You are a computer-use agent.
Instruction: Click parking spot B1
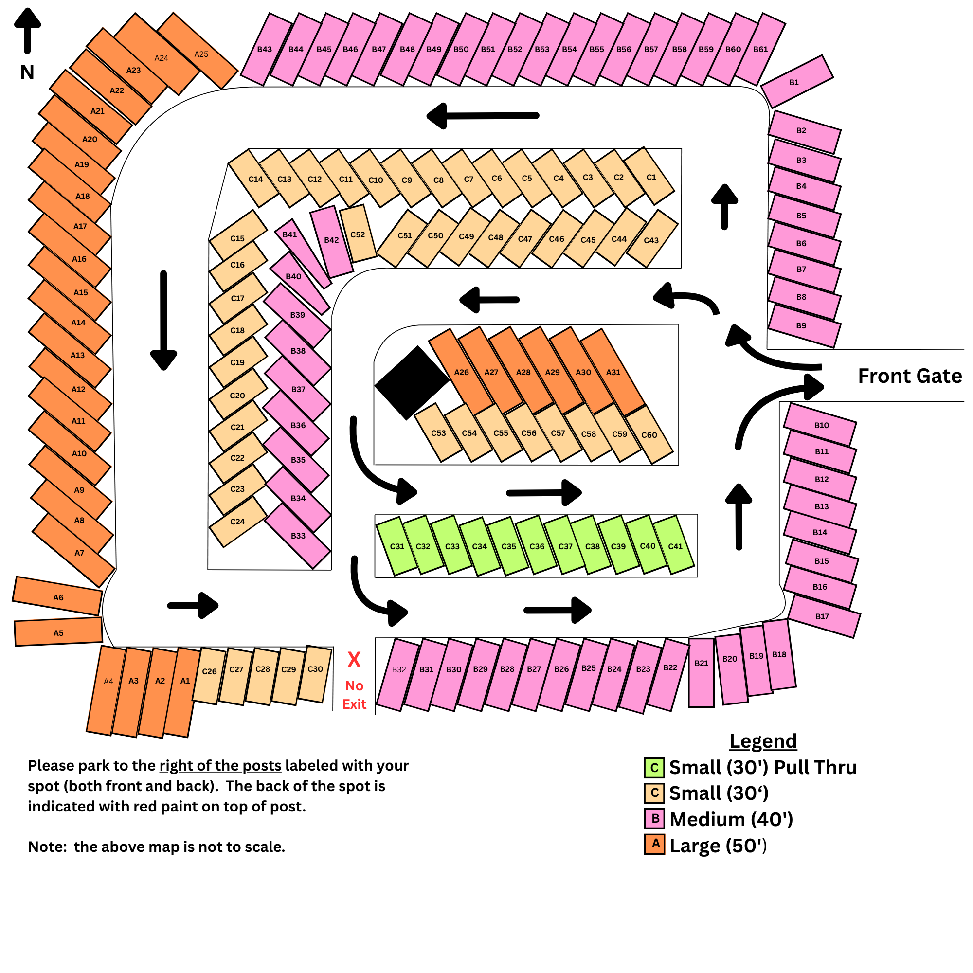pyautogui.click(x=797, y=82)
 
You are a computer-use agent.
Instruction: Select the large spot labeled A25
pyautogui.click(x=198, y=51)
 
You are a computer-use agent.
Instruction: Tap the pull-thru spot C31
pyautogui.click(x=397, y=546)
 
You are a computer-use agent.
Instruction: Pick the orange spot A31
pyautogui.click(x=613, y=372)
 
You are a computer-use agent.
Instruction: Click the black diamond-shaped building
pyautogui.click(x=412, y=383)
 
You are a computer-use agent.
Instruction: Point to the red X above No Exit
pyautogui.click(x=354, y=659)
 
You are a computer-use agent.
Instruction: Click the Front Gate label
pyautogui.click(x=910, y=376)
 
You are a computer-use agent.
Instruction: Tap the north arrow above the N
pyautogui.click(x=27, y=30)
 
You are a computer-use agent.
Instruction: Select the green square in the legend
pyautogui.click(x=654, y=768)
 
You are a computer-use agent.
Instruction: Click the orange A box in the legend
pyautogui.click(x=654, y=845)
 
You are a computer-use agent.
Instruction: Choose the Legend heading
pyautogui.click(x=763, y=741)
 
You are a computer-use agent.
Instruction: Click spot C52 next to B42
pyautogui.click(x=358, y=234)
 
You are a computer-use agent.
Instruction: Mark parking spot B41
pyautogui.click(x=303, y=253)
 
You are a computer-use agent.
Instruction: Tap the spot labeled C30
pyautogui.click(x=315, y=674)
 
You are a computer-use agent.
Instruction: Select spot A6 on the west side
pyautogui.click(x=57, y=596)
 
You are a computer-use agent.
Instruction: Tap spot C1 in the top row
pyautogui.click(x=649, y=176)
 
